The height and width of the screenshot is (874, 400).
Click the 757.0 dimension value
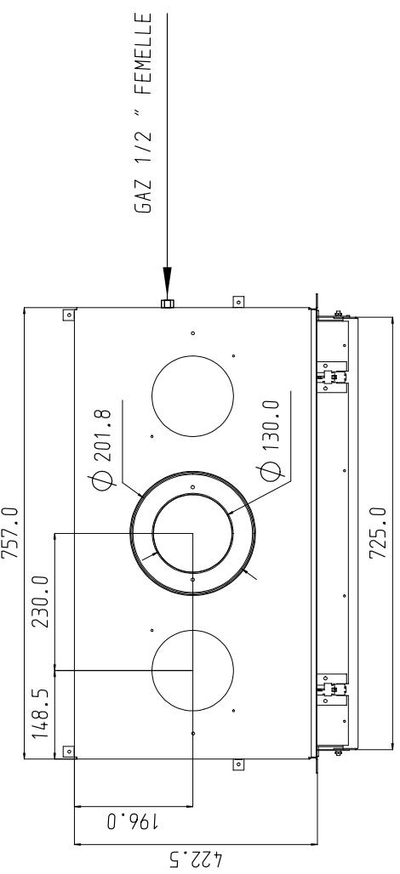10,533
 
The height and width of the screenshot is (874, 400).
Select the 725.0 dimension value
378,531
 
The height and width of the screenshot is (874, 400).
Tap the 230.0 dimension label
41,602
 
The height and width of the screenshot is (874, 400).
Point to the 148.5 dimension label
41,714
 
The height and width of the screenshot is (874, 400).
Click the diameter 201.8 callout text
103,449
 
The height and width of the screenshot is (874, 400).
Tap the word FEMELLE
143,49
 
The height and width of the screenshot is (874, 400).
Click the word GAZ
143,198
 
